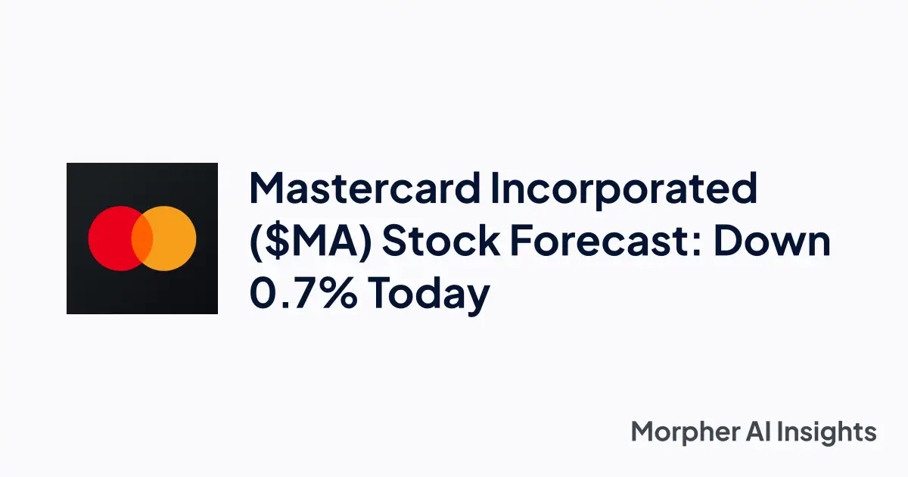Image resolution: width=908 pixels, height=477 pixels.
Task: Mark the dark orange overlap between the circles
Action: click(142, 238)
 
